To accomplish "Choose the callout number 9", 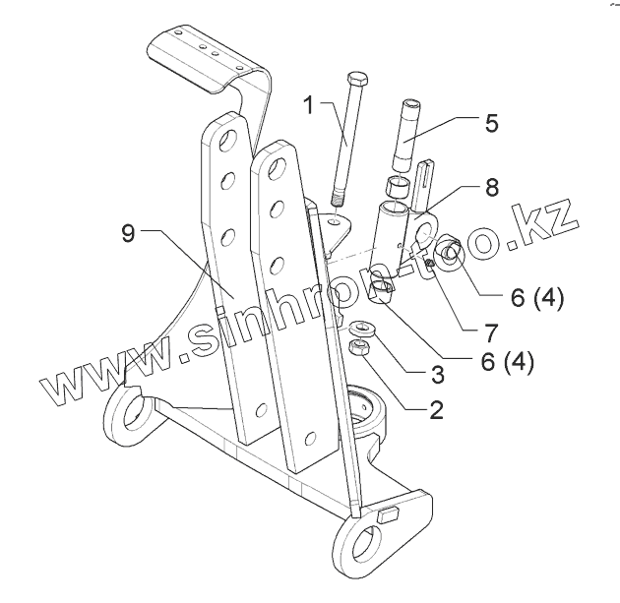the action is (128, 233).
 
